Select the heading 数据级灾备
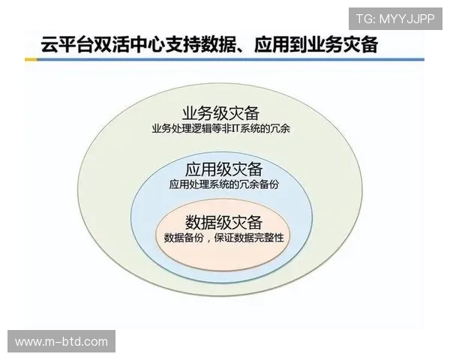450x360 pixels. [x=223, y=222]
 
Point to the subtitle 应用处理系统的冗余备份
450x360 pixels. [x=223, y=183]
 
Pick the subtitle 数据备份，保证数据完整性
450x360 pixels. [x=223, y=238]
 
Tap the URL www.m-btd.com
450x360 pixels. [x=61, y=342]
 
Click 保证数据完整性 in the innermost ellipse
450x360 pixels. [x=250, y=238]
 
